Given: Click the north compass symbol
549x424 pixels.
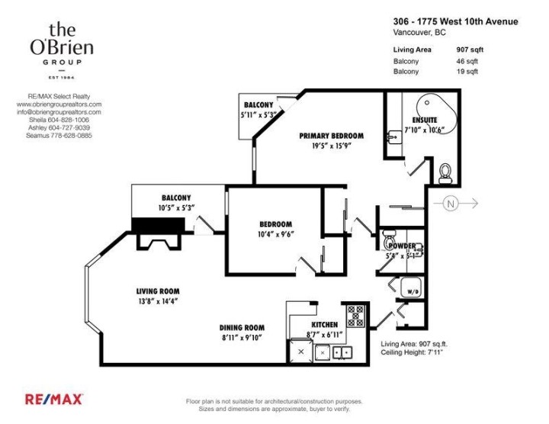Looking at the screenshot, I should tap(452, 204).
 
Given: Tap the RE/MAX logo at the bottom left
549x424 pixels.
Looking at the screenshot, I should tap(54, 399).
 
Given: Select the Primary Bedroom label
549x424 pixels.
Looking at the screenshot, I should tap(331, 136).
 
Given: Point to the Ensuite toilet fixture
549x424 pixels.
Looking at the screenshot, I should tap(446, 174).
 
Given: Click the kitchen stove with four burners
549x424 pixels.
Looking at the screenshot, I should tap(356, 315).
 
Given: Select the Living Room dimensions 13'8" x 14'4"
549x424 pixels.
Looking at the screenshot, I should tap(158, 300).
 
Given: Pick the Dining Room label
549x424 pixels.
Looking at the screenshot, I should tap(242, 328).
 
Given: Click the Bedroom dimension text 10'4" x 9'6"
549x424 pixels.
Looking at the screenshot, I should tap(275, 233).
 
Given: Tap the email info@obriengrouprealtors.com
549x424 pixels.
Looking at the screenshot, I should tap(59, 112).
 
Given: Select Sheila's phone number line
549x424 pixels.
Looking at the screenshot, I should tap(59, 120).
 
